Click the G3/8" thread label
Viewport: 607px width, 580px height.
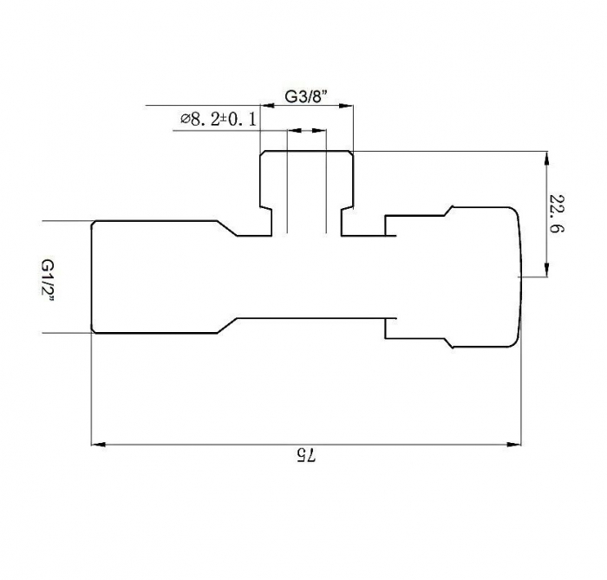point(309,97)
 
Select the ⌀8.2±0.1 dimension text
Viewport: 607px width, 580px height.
point(218,120)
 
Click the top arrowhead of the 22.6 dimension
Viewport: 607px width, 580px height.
point(546,159)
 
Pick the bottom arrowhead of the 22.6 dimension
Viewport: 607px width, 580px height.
point(546,270)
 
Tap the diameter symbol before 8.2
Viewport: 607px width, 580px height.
point(184,120)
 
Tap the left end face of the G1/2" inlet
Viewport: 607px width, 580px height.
point(92,277)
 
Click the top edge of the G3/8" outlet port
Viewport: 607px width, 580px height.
point(307,150)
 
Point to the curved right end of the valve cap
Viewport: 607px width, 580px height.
point(520,277)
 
